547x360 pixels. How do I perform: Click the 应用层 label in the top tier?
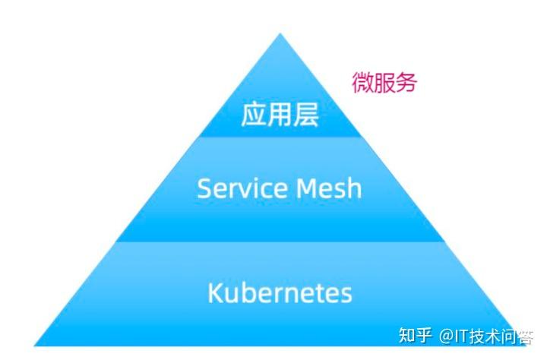pos(279,115)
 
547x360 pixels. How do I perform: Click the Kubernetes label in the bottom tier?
pos(280,292)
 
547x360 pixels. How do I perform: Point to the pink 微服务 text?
pos(384,83)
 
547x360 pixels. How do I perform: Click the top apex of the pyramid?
pos(280,34)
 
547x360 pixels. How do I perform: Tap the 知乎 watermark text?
pos(416,335)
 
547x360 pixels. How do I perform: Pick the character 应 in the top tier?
pos(254,115)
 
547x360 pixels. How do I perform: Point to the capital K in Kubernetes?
pos(214,292)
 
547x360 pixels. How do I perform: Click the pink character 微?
pos(362,83)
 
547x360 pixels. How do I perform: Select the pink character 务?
pos(406,83)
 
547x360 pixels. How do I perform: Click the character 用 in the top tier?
pos(279,115)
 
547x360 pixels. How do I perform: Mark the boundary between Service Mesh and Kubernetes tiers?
pos(280,242)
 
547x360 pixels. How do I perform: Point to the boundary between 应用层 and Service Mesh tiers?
pos(280,137)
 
